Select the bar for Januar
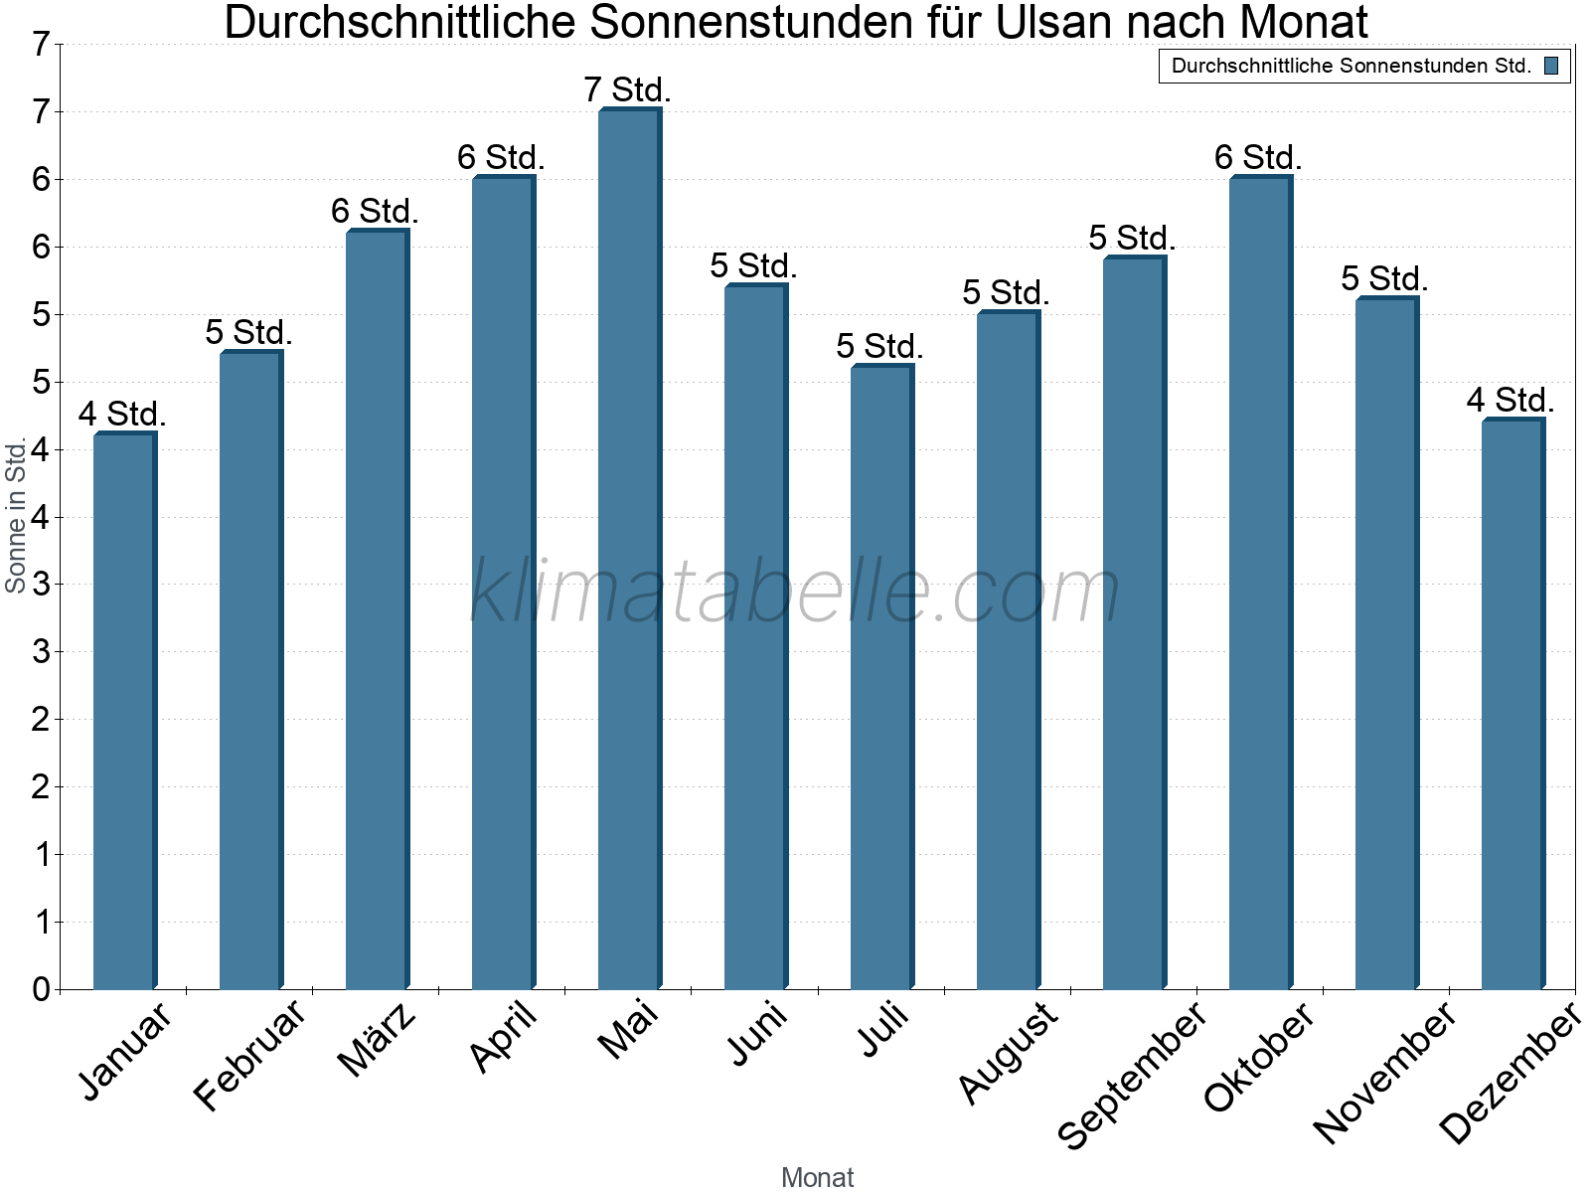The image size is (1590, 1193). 124,711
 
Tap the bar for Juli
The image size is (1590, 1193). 881,677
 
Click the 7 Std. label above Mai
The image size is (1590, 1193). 628,89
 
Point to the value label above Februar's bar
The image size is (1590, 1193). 249,332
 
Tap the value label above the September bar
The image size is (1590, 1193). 1133,238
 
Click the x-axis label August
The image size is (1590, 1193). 1008,1051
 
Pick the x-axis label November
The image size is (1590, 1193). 1384,1072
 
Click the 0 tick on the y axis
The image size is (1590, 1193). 41,989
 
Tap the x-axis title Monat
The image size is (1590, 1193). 817,1177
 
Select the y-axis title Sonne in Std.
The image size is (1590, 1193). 16,516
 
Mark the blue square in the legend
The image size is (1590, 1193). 1551,67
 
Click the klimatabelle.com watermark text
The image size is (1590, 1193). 795,592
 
